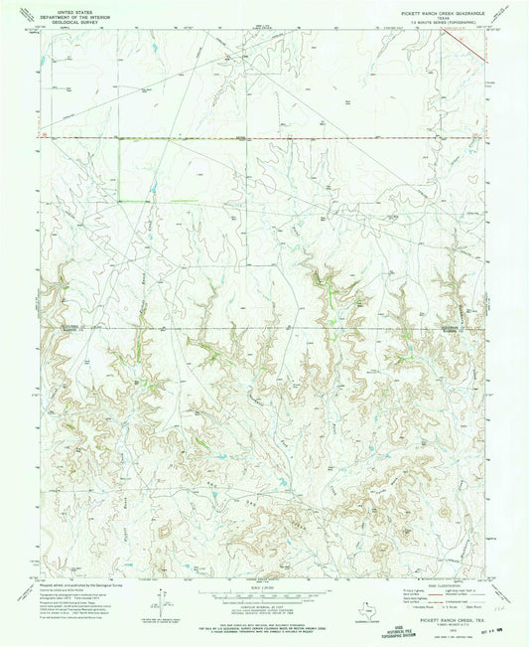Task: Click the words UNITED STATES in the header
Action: tap(69, 8)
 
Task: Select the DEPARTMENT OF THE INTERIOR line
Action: tap(69, 13)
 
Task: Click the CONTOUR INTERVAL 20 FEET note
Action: tap(264, 595)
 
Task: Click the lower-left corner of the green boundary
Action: tap(120, 202)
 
